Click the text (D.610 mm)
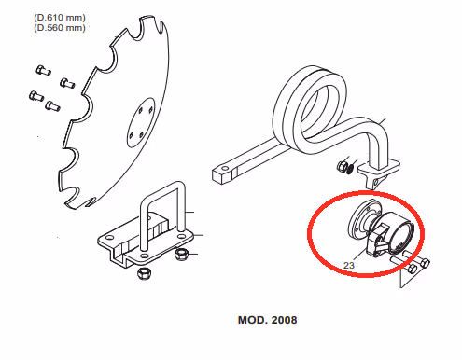click(x=60, y=18)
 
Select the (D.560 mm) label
click(x=60, y=28)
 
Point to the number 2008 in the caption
click(x=284, y=320)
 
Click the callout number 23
click(x=349, y=265)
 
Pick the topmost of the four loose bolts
click(x=43, y=70)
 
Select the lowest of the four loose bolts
click(x=52, y=105)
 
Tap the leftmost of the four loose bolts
click(x=36, y=96)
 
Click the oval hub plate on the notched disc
click(x=141, y=122)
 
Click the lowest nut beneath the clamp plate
click(x=144, y=273)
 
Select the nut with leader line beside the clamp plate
click(x=181, y=254)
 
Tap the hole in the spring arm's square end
click(x=224, y=169)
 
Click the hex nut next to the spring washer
click(x=342, y=165)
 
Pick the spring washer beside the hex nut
click(x=350, y=168)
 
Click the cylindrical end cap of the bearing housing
click(x=402, y=234)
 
